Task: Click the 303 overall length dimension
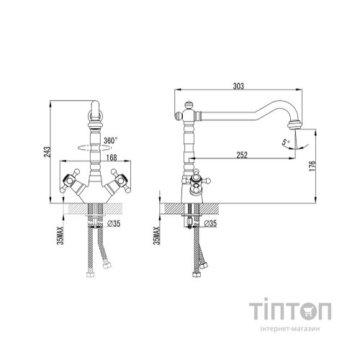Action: point(237,86)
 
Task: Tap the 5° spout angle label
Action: point(286,143)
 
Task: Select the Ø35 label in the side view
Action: point(210,225)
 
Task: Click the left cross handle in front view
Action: point(71,179)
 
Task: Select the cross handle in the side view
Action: point(194,181)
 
